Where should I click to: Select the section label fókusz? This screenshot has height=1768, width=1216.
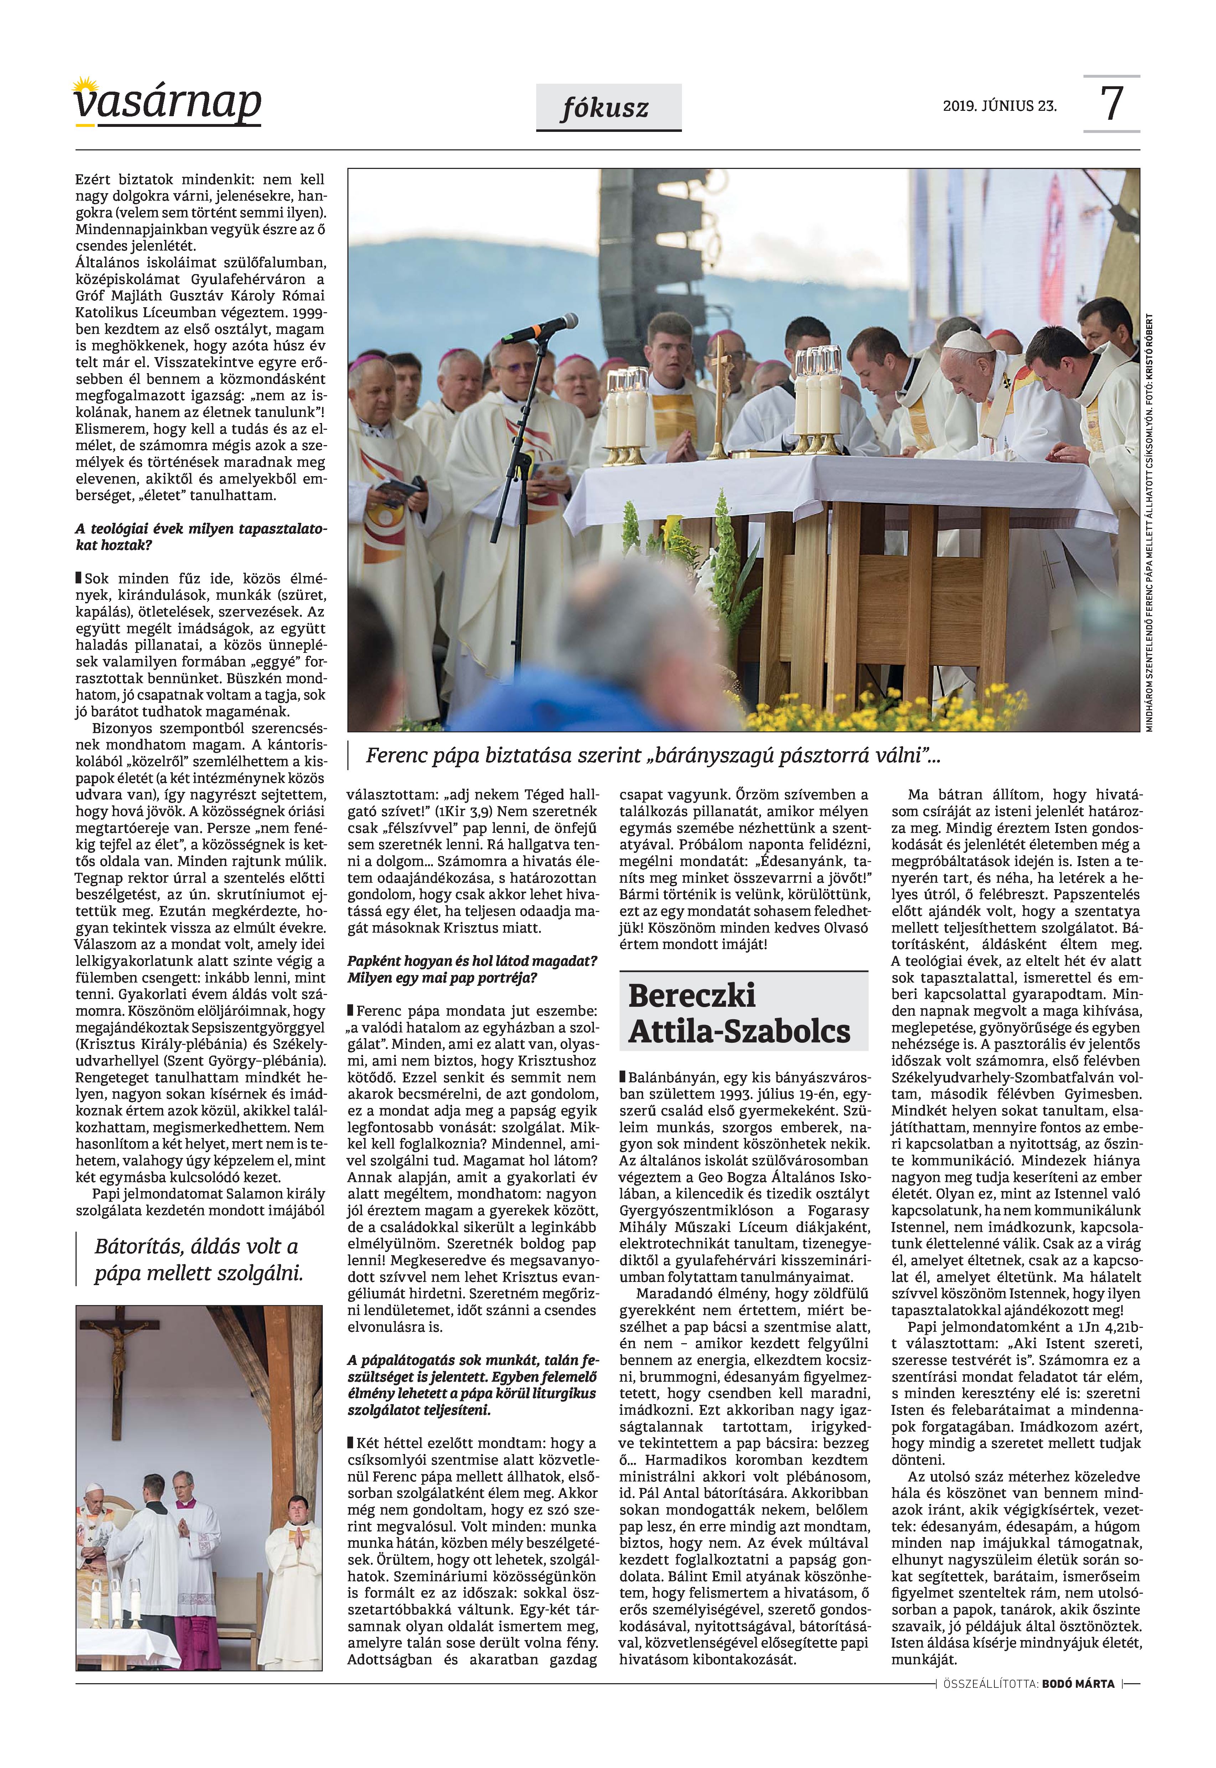[x=607, y=108]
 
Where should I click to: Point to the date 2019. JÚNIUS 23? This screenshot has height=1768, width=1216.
[x=1000, y=106]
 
